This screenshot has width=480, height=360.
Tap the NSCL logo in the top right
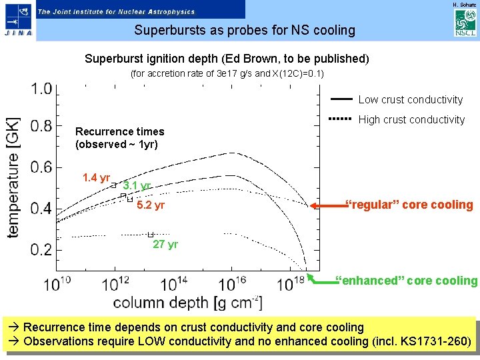click(x=464, y=23)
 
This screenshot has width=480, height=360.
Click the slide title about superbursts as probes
click(x=245, y=30)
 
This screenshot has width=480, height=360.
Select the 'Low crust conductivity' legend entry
click(x=410, y=100)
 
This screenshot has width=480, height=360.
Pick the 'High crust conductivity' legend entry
click(x=411, y=120)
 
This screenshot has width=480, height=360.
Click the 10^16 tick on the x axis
click(x=232, y=284)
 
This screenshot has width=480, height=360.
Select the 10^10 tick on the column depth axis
click(x=58, y=284)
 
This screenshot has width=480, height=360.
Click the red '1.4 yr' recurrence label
click(x=96, y=177)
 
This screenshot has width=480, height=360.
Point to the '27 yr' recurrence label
click(x=165, y=245)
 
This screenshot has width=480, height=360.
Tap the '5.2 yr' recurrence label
click(x=150, y=205)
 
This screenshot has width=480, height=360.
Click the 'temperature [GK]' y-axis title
click(x=13, y=177)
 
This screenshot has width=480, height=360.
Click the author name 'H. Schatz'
click(x=465, y=5)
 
